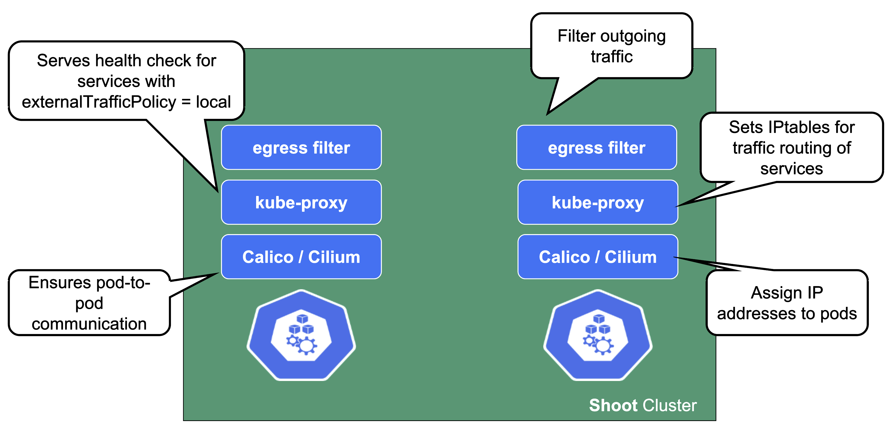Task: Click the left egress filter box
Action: tap(301, 148)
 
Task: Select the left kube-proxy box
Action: tap(301, 202)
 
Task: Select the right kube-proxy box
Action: tap(598, 202)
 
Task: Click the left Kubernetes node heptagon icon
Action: tap(301, 335)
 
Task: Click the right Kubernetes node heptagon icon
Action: tap(598, 335)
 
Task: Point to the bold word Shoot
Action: tap(613, 405)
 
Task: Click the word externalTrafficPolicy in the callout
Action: tap(99, 102)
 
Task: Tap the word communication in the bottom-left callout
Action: tap(89, 324)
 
